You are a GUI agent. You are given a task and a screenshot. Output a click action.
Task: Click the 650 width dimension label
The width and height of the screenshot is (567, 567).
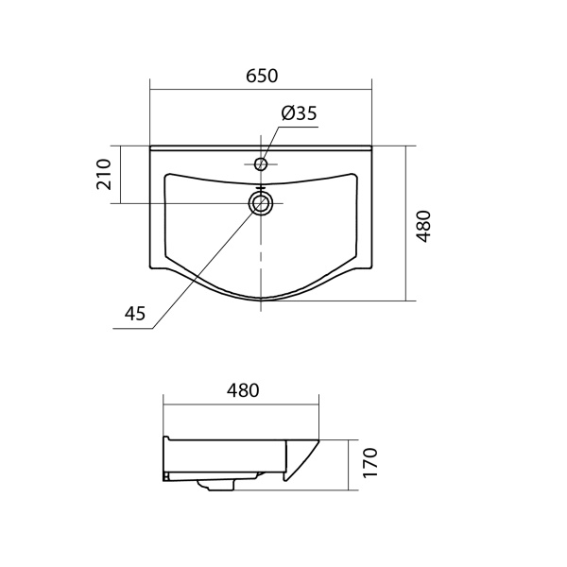[x=262, y=76]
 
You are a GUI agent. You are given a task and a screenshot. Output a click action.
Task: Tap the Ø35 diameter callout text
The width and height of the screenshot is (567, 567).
[x=299, y=113]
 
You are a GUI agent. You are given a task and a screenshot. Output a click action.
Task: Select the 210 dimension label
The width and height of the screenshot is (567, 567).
[x=104, y=174]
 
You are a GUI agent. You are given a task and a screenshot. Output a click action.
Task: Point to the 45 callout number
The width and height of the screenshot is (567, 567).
[x=134, y=313]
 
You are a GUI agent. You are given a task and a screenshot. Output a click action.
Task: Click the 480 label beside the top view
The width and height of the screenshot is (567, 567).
[x=423, y=227]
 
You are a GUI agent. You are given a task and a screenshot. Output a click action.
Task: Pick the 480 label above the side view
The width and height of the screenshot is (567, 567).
[x=243, y=390]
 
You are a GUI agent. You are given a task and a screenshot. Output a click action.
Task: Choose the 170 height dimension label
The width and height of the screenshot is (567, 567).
[x=369, y=463]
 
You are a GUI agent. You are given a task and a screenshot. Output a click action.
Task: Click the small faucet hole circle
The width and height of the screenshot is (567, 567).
[x=261, y=164]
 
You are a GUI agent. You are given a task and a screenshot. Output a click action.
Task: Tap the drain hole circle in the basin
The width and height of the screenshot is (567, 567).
[x=261, y=203]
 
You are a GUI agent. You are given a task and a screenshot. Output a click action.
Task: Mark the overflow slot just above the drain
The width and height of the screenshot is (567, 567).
[x=261, y=188]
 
